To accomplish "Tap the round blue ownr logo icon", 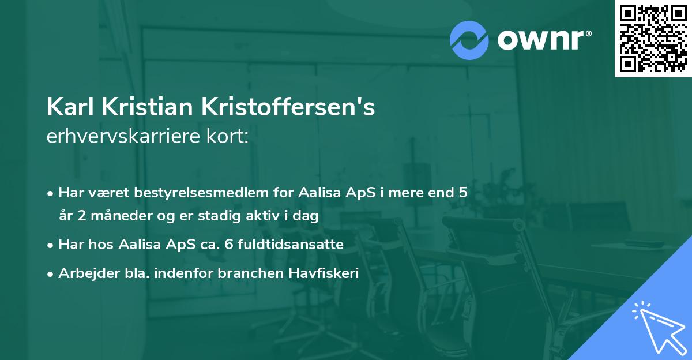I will click(469, 40).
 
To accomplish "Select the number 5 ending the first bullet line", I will click(462, 193).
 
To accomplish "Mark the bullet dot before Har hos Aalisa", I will click(51, 245).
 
